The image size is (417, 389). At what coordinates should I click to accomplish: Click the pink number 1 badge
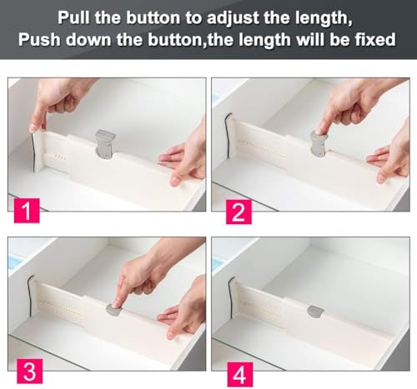coord(27,211)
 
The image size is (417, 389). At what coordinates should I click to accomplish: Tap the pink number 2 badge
coord(239,212)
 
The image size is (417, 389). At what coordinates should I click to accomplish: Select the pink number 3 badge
coord(30,372)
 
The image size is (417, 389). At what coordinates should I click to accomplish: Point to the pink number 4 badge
coord(240,374)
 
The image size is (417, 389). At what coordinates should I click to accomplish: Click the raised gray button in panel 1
coord(104,144)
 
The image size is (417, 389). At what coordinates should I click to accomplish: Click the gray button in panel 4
coord(315,312)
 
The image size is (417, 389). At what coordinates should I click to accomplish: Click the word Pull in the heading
coord(73,17)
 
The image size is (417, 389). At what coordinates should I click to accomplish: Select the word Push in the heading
coord(39,39)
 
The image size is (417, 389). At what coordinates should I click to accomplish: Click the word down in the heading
coord(88,39)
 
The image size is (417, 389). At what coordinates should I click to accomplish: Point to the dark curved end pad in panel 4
coord(230,297)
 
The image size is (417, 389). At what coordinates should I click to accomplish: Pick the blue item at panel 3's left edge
coord(13,262)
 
